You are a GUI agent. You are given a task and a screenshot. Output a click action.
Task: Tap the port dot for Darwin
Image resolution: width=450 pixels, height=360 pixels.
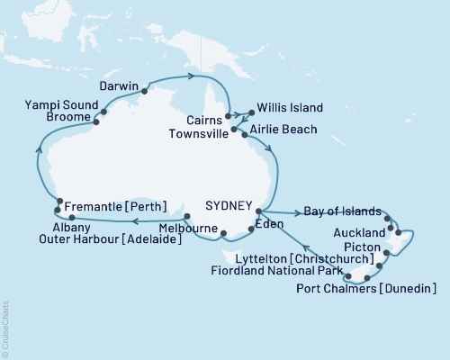(x=144, y=90)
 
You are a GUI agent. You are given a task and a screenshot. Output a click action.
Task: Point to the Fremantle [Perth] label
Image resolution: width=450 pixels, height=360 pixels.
(x=115, y=206)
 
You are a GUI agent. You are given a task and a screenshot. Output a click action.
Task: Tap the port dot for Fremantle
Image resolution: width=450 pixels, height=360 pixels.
(x=59, y=202)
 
